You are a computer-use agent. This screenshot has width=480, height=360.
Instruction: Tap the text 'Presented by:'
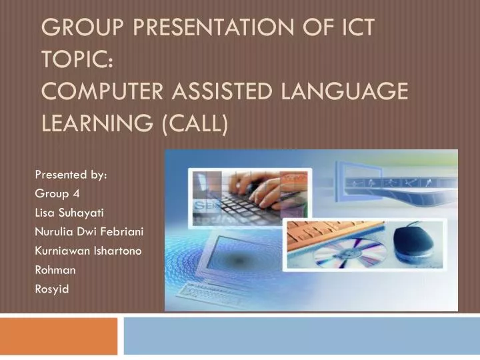click(x=71, y=175)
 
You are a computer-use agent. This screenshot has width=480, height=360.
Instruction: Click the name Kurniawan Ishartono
click(x=87, y=251)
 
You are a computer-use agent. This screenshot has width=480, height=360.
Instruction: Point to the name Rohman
click(x=55, y=269)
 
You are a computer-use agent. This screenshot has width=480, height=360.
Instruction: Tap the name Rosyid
click(x=51, y=289)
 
